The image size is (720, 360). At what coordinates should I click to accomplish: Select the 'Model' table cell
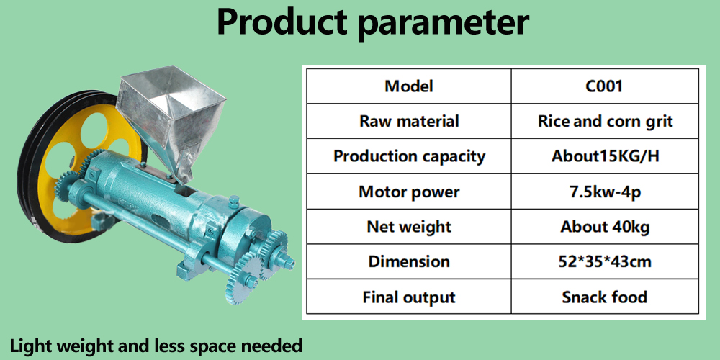pyautogui.click(x=409, y=86)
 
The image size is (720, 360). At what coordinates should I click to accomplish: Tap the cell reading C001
pyautogui.click(x=605, y=86)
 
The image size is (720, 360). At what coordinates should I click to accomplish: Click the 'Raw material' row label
pyautogui.click(x=409, y=121)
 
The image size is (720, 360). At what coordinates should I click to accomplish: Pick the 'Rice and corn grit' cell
pyautogui.click(x=605, y=121)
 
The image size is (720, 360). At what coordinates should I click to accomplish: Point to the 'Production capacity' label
pyautogui.click(x=409, y=156)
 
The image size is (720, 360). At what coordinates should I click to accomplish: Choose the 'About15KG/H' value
pyautogui.click(x=605, y=156)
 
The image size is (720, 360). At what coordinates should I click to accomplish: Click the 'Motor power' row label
pyautogui.click(x=409, y=192)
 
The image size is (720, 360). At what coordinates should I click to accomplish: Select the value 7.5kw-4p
pyautogui.click(x=605, y=192)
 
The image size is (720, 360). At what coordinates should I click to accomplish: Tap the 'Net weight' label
pyautogui.click(x=409, y=226)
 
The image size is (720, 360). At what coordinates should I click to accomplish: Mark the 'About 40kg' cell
pyautogui.click(x=605, y=226)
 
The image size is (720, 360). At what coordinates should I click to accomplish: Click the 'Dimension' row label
pyautogui.click(x=409, y=261)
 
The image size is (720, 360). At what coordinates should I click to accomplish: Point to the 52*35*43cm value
pyautogui.click(x=605, y=261)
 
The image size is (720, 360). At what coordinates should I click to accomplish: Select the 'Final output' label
pyautogui.click(x=409, y=297)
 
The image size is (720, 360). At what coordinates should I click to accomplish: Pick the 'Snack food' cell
pyautogui.click(x=605, y=297)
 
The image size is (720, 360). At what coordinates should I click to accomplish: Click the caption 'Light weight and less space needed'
pyautogui.click(x=156, y=346)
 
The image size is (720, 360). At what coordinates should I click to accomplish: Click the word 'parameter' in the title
pyautogui.click(x=443, y=23)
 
